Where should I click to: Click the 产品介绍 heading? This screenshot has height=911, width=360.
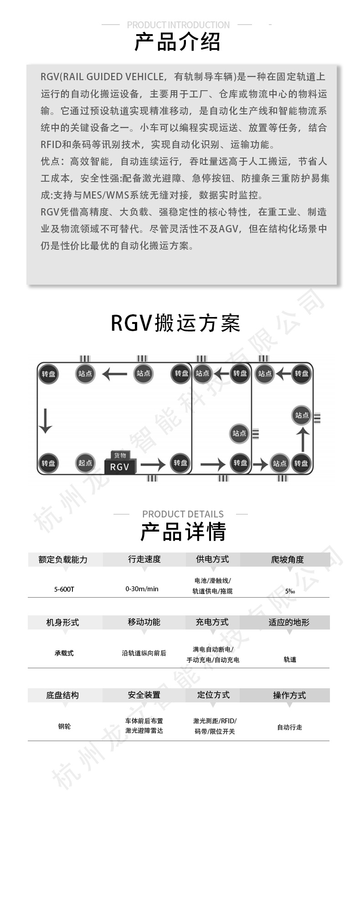[x=177, y=42]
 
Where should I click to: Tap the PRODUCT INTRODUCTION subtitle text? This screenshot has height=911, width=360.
[x=178, y=25]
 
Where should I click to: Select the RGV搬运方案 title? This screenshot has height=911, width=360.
[x=175, y=323]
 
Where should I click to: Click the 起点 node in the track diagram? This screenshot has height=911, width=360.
[x=85, y=463]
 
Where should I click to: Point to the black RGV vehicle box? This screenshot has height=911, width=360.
[x=119, y=467]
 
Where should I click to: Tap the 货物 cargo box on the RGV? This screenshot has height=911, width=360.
[x=120, y=455]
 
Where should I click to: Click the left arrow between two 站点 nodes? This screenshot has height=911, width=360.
[x=114, y=374]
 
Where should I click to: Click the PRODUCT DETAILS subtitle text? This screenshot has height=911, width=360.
[x=183, y=514]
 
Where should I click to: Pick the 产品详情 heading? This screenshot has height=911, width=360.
[x=183, y=532]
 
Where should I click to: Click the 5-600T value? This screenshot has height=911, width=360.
[x=64, y=589]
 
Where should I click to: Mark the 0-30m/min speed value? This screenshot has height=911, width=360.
[x=142, y=589]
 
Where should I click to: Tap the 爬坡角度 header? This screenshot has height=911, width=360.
[x=288, y=559]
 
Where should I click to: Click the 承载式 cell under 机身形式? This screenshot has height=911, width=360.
[x=64, y=653]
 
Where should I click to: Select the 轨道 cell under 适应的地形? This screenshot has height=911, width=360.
[x=290, y=660]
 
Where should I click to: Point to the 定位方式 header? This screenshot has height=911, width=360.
[x=213, y=695]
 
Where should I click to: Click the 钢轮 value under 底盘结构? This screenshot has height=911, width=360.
[x=64, y=727]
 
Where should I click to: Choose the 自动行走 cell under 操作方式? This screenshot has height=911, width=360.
[x=290, y=727]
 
